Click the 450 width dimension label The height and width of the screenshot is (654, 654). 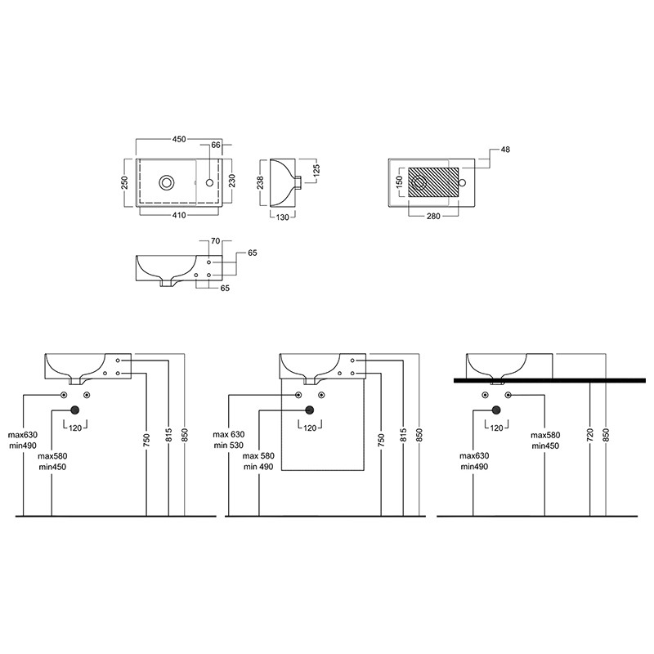(179, 139)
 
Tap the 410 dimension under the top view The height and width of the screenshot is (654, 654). (179, 215)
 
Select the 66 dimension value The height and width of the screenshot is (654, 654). (216, 146)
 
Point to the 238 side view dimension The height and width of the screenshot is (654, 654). (260, 182)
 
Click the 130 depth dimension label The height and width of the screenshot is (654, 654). (282, 217)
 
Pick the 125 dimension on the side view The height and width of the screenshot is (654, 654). (316, 171)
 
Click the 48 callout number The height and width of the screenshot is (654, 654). (505, 150)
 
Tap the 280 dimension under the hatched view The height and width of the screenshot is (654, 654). (433, 216)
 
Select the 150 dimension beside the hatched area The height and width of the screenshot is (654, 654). (399, 182)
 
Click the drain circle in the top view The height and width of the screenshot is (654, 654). (167, 182)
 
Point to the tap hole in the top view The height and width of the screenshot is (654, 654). (210, 182)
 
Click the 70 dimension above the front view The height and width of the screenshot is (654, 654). (215, 241)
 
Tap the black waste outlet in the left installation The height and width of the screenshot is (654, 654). (75, 410)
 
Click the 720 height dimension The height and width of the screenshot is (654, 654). (589, 436)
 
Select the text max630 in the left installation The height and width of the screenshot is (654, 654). (23, 435)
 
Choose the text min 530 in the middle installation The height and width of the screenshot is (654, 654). (229, 445)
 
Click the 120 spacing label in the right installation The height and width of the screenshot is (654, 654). (496, 428)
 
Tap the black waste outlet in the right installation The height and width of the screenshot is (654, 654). (496, 410)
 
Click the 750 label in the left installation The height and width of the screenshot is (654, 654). (146, 441)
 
